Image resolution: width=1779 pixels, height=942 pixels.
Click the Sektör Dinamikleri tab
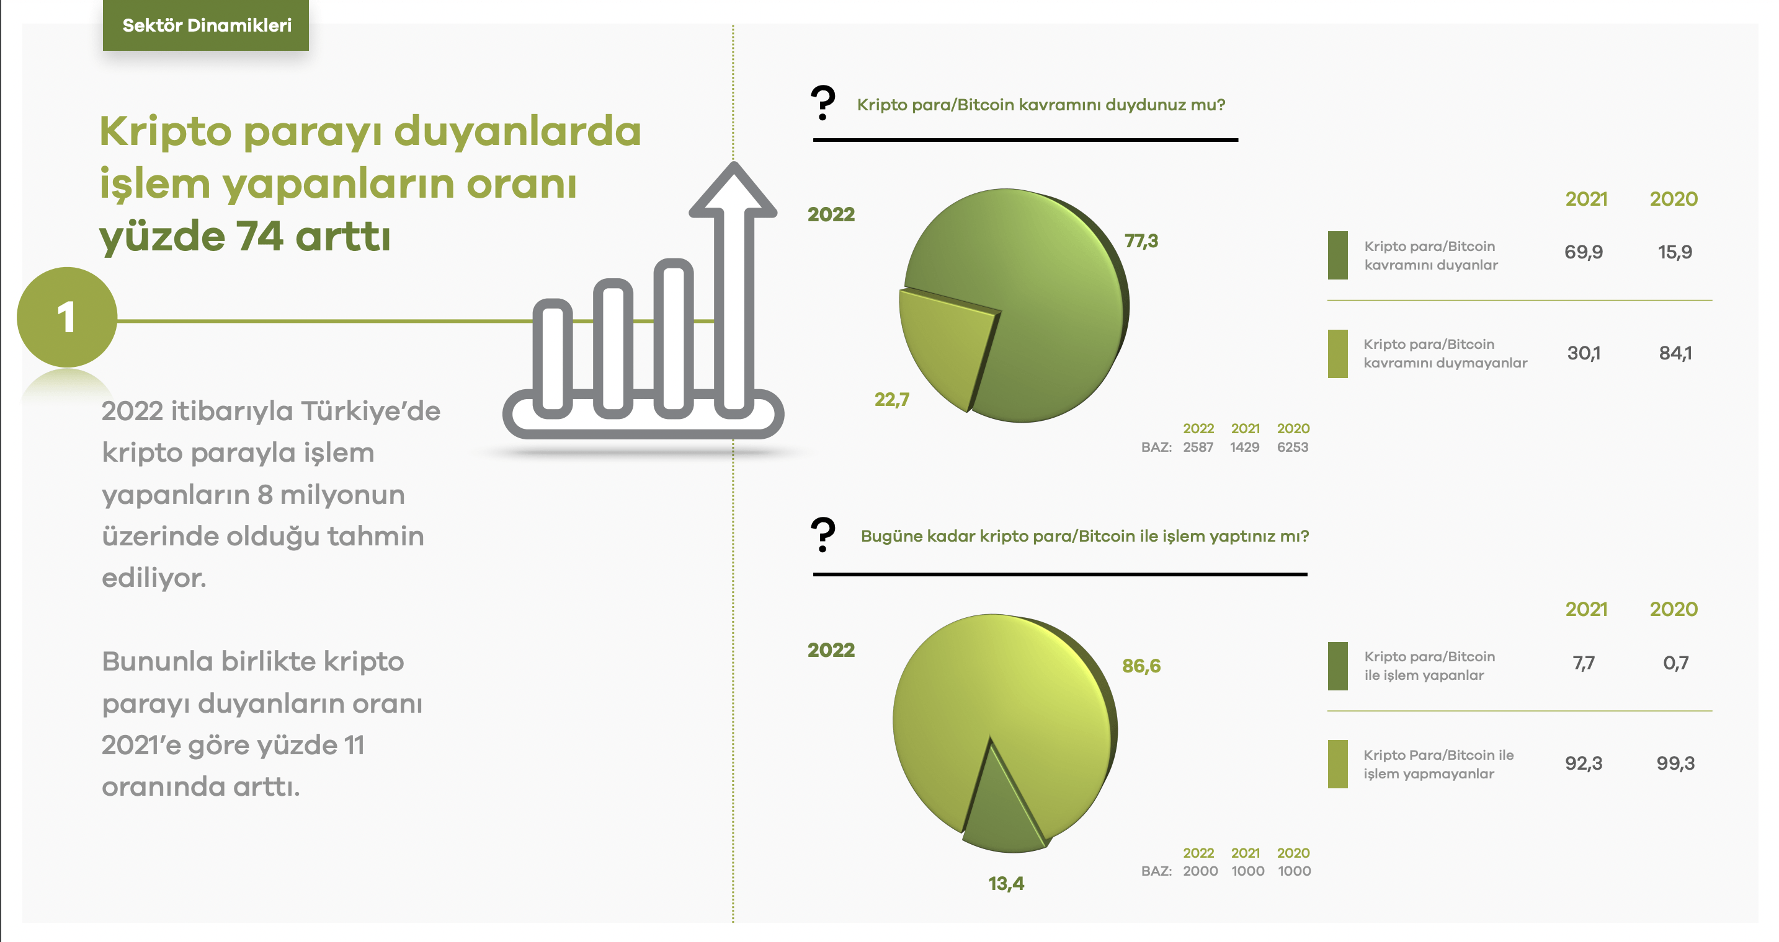(206, 25)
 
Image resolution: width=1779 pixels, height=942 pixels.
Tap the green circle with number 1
(67, 317)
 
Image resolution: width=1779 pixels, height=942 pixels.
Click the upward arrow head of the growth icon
(733, 190)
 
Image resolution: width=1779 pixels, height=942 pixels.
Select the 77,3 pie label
(1141, 241)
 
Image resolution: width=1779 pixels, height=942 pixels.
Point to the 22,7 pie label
(891, 400)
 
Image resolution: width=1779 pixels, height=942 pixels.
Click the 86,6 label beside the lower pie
(1141, 666)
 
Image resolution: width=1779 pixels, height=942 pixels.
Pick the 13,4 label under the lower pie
(1006, 883)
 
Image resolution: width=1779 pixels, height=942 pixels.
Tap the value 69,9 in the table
(1584, 252)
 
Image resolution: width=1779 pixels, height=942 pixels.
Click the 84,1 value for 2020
(1675, 353)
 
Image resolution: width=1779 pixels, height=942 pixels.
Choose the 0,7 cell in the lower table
(1675, 663)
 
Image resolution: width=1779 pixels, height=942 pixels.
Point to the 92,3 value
(1584, 764)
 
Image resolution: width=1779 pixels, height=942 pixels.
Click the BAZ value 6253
(1292, 447)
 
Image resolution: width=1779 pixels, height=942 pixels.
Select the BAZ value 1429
(1244, 447)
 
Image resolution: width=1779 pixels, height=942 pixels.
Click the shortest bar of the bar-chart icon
(553, 359)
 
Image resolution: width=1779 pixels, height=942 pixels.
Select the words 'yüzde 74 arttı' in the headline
(245, 237)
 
